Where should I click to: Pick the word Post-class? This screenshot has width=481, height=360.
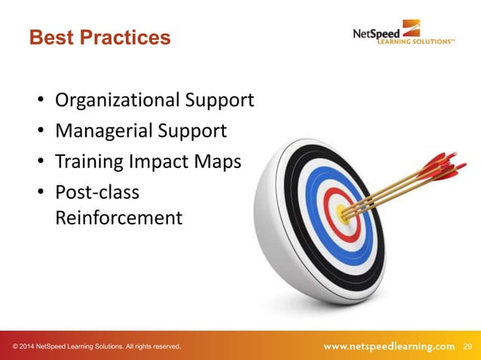point(97,193)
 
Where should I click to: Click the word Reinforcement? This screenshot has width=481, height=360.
point(118,218)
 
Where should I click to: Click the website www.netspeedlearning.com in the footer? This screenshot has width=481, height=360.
point(389,346)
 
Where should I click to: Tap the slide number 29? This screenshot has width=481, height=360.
point(467,346)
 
